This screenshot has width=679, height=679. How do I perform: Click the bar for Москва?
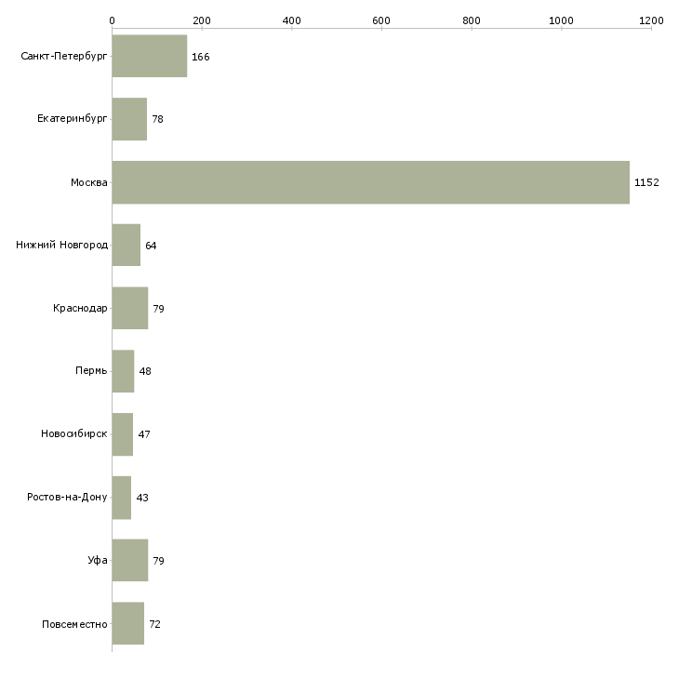(371, 182)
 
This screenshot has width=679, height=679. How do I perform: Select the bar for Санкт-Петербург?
(150, 56)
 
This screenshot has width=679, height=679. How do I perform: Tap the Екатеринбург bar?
(129, 119)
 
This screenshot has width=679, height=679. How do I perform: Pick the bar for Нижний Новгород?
(126, 246)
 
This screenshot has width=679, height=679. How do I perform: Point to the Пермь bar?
(123, 371)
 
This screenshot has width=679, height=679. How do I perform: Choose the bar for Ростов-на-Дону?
(122, 498)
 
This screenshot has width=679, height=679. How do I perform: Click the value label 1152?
(646, 182)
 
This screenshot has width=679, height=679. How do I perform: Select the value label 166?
(201, 57)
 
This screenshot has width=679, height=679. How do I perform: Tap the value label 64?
(151, 246)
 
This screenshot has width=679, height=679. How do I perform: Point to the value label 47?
(144, 434)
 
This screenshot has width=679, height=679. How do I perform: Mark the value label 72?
(154, 624)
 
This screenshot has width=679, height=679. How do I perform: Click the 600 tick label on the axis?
(381, 20)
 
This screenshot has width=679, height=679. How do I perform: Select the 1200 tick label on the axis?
(651, 20)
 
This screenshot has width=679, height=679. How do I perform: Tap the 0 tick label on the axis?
(113, 20)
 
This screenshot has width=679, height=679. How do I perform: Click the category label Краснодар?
(80, 308)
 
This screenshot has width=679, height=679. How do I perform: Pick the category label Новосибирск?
(74, 433)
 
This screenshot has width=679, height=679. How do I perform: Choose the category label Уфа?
(98, 560)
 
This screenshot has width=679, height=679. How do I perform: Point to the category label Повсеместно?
(74, 624)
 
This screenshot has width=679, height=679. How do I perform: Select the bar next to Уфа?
(130, 560)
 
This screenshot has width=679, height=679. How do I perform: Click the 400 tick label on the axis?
(291, 20)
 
